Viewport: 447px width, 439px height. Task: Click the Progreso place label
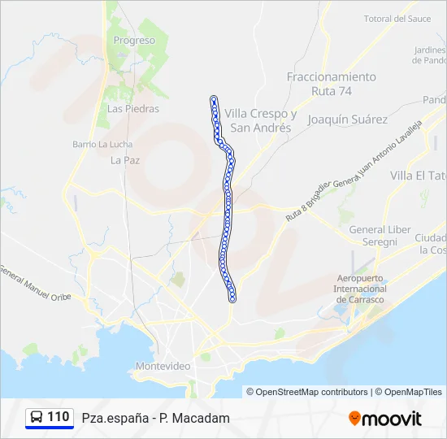tap(134, 40)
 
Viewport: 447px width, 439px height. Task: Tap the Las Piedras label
tap(133, 108)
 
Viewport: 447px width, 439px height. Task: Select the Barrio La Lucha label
tap(96, 144)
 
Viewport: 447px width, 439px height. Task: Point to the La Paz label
tap(125, 160)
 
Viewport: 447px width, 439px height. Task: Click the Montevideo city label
tap(163, 366)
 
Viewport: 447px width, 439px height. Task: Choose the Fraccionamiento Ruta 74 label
tap(332, 84)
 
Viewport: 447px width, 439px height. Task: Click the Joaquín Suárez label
tap(348, 119)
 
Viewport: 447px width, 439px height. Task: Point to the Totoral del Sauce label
tap(397, 19)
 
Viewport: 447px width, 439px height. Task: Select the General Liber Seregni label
tap(380, 236)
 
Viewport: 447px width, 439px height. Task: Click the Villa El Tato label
tap(419, 176)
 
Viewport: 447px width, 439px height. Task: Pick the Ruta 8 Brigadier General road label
tap(307, 203)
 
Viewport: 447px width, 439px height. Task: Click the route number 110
tap(59, 417)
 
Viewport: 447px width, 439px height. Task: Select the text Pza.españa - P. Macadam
tap(155, 418)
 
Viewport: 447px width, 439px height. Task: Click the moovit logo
tap(385, 419)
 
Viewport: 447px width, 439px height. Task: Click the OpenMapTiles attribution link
tap(410, 392)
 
